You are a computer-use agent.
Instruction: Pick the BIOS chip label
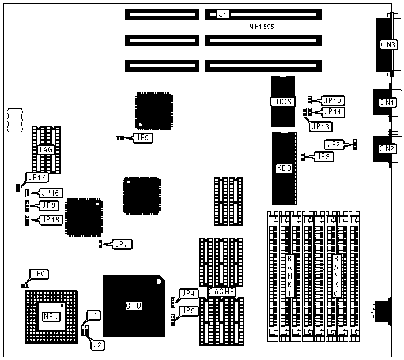point(282,102)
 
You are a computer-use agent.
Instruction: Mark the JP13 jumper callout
point(320,123)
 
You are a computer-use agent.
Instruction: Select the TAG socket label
point(46,149)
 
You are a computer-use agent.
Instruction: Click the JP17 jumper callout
point(36,178)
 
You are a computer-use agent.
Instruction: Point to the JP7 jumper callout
point(123,244)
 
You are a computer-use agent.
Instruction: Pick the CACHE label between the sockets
point(221,292)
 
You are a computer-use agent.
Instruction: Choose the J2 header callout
point(98,344)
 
